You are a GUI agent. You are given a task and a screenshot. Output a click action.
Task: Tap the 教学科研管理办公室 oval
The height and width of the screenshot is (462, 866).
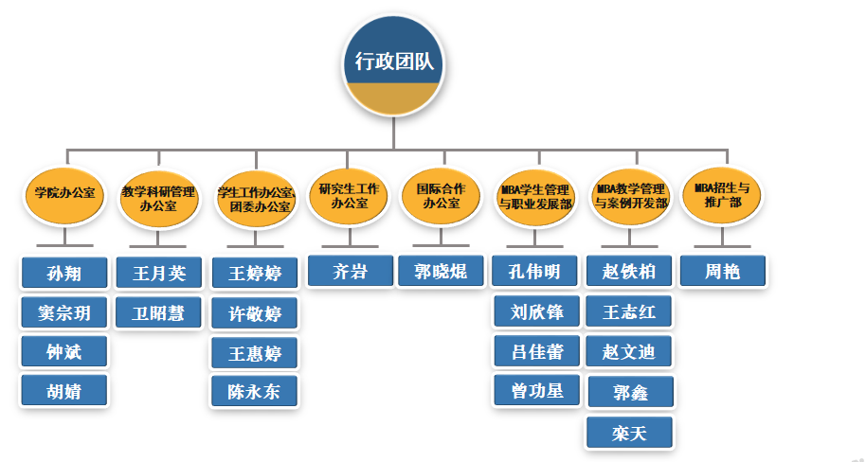(x=158, y=197)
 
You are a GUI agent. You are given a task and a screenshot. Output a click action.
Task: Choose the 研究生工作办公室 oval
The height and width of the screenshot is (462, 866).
(x=349, y=195)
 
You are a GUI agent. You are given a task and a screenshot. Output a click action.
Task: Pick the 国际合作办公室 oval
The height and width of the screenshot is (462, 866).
(x=441, y=195)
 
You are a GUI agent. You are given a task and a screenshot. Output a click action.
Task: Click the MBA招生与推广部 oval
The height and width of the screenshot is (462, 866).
(x=722, y=195)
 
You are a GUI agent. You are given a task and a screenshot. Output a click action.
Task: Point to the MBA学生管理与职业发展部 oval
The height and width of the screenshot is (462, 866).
(x=536, y=196)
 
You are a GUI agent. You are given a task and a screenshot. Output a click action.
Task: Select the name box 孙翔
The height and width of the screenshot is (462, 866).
(x=64, y=274)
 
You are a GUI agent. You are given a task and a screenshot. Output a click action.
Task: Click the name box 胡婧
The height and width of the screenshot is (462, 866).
(x=64, y=390)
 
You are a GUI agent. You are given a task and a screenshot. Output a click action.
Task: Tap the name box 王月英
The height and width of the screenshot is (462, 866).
(x=158, y=274)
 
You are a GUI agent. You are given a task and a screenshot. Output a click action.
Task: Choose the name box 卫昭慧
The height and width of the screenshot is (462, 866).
(x=158, y=312)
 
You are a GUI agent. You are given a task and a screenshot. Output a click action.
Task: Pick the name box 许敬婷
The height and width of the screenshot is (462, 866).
(x=254, y=312)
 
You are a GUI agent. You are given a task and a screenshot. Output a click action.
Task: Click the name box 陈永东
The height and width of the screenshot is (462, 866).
(x=254, y=390)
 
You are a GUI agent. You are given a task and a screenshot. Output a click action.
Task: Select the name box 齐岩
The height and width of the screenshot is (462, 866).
(x=350, y=273)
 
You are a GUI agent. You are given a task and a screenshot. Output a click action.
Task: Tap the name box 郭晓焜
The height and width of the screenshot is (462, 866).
(x=441, y=273)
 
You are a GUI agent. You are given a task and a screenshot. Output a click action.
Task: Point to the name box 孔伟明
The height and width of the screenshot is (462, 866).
(x=536, y=273)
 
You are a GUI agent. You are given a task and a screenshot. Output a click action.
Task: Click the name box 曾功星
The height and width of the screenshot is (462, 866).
(x=536, y=389)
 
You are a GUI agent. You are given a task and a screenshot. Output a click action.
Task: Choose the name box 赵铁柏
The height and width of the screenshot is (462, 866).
(x=629, y=273)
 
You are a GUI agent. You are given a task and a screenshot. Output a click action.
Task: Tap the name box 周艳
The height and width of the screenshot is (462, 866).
(x=723, y=273)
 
